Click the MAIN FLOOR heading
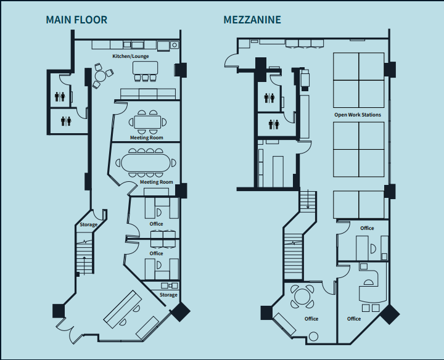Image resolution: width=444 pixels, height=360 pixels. click(x=76, y=20)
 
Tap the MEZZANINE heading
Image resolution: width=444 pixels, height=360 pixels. click(x=252, y=20)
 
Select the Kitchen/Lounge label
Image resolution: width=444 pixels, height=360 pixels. click(x=130, y=56)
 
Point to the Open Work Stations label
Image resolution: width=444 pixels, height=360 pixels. click(x=357, y=115)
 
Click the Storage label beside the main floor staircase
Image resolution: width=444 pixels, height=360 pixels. click(x=88, y=224)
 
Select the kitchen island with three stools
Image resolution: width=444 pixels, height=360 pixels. click(x=146, y=67)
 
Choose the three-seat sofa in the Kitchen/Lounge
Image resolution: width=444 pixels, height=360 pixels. click(x=147, y=94)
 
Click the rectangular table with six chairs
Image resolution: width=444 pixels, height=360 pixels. click(x=147, y=122)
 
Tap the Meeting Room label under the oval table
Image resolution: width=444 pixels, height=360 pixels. click(x=156, y=182)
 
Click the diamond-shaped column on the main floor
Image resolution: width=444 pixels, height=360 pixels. click(x=180, y=311)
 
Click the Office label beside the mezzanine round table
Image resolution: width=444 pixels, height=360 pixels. click(x=311, y=319)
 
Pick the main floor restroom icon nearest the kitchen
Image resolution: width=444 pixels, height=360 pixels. click(x=60, y=97)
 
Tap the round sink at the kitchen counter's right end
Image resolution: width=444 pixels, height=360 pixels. click(x=175, y=45)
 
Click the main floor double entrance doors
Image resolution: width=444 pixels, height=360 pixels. click(x=69, y=331)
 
